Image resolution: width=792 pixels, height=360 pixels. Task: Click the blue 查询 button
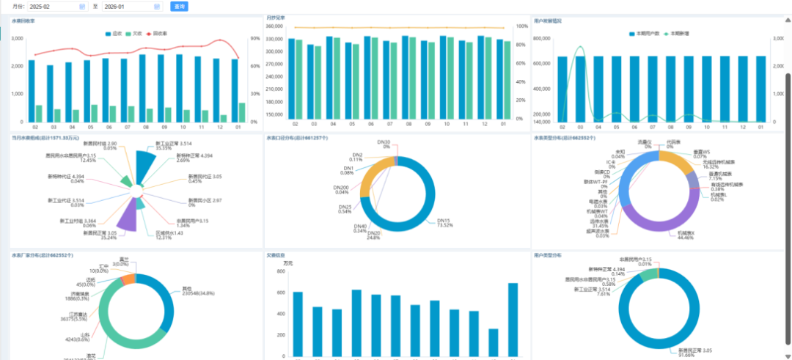click(179, 7)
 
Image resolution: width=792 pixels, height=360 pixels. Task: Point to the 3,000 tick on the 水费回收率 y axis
click(17, 38)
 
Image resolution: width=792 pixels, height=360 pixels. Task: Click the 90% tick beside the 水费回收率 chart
click(255, 38)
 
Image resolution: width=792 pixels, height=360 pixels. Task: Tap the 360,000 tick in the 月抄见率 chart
click(274, 26)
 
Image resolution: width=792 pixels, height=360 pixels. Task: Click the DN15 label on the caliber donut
click(443, 221)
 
